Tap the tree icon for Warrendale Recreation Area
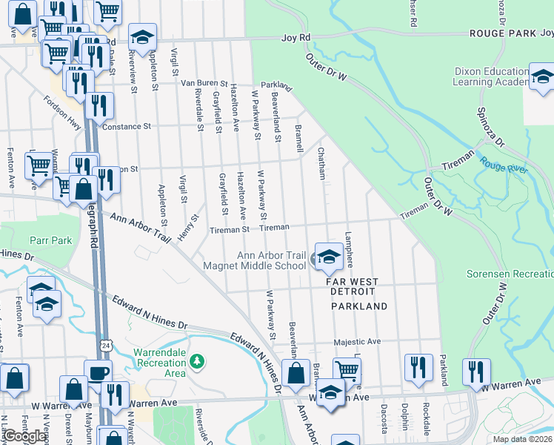pyautogui.click(x=196, y=361)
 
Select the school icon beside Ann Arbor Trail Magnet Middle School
pyautogui.click(x=329, y=257)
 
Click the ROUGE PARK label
pyautogui.click(x=501, y=34)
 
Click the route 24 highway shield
pyautogui.click(x=107, y=346)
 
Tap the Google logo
pyautogui.click(x=24, y=436)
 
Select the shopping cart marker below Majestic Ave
pyautogui.click(x=347, y=371)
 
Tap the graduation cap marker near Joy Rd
pyautogui.click(x=142, y=36)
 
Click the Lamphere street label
pyautogui.click(x=348, y=250)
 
